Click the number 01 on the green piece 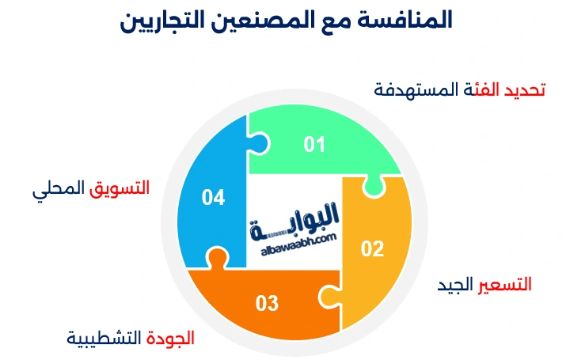[315, 144]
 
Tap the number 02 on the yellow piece [372, 249]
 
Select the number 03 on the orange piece [267, 302]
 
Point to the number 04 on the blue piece [213, 197]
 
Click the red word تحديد [526, 89]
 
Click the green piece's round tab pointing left [259, 143]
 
